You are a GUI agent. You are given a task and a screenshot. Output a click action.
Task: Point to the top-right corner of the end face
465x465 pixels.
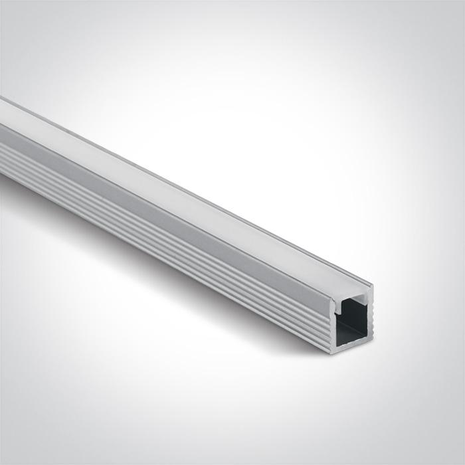(371, 287)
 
